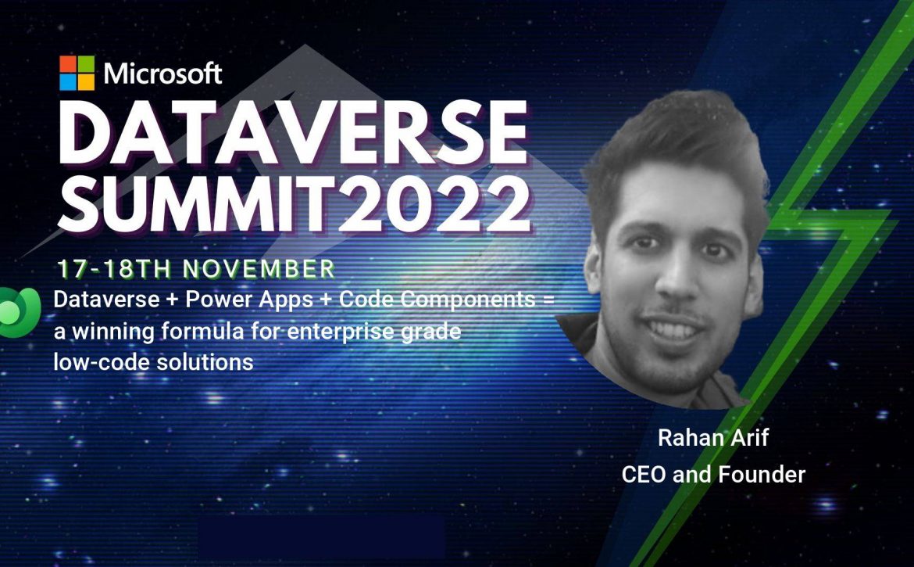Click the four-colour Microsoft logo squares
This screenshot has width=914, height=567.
tap(77, 73)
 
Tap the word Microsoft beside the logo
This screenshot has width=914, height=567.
tap(162, 74)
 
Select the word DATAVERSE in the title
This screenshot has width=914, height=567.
tap(293, 133)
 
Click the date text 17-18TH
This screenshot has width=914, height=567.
tap(114, 269)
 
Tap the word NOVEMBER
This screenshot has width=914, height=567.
tap(259, 269)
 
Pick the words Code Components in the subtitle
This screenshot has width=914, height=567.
tap(437, 300)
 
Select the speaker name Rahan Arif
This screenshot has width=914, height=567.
tap(713, 437)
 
